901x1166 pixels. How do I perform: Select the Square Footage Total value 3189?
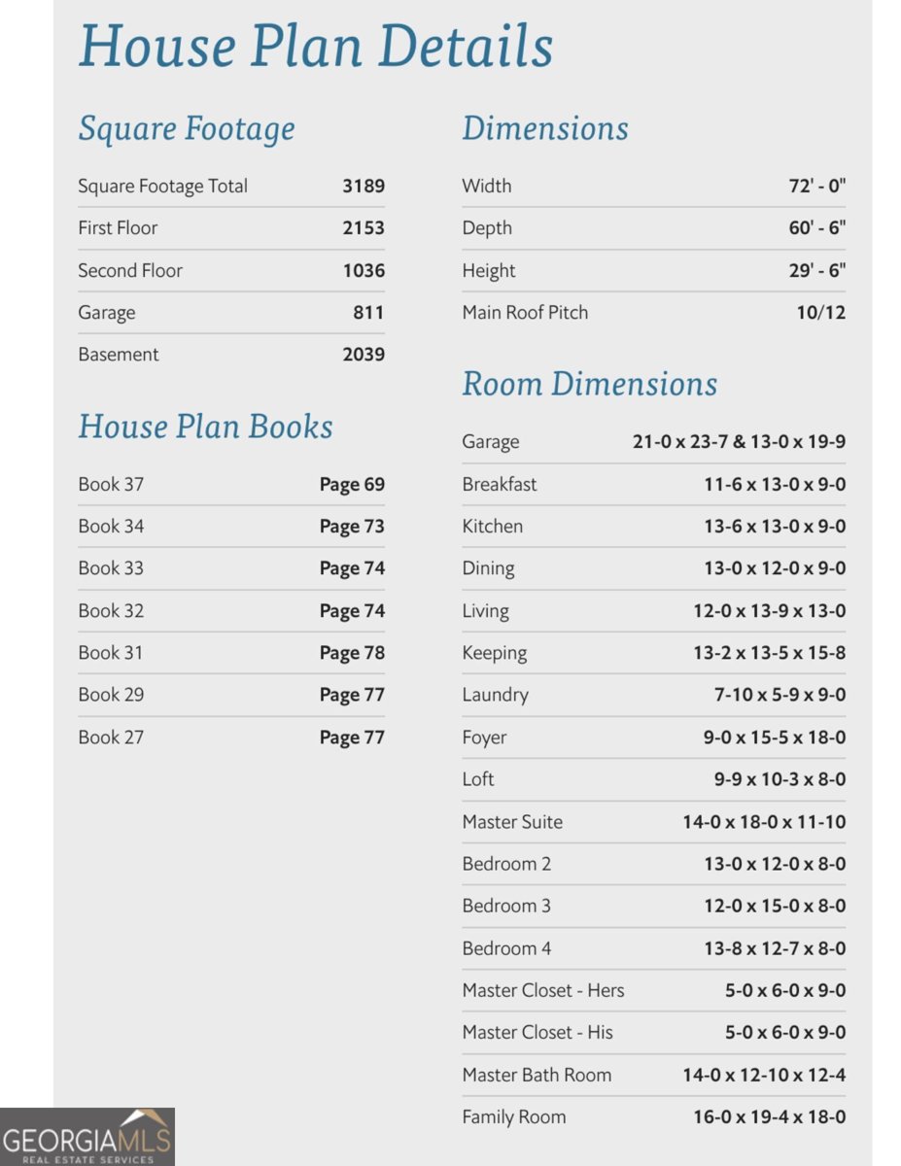[364, 186]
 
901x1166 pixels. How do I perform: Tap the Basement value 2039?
[364, 355]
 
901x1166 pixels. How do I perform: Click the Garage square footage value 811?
[368, 313]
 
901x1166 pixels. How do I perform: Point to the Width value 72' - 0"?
[816, 186]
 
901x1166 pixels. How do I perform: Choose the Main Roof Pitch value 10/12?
[821, 313]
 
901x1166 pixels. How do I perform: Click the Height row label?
[489, 270]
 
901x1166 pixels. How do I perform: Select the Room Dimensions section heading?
[589, 384]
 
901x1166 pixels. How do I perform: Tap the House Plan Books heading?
[205, 427]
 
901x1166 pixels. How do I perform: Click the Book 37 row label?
[111, 484]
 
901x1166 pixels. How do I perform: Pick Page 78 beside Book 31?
[352, 653]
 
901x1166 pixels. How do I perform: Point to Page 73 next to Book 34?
[352, 527]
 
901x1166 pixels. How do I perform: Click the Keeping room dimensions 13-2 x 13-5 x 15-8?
[769, 653]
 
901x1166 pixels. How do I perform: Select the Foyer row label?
[484, 737]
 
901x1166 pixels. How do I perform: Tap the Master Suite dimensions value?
[764, 822]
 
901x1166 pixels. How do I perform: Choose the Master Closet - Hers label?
[543, 990]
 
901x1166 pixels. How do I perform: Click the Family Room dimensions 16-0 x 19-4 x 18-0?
[769, 1117]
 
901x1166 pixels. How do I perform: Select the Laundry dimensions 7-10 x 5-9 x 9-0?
[780, 695]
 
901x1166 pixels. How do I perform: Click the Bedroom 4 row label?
[506, 948]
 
